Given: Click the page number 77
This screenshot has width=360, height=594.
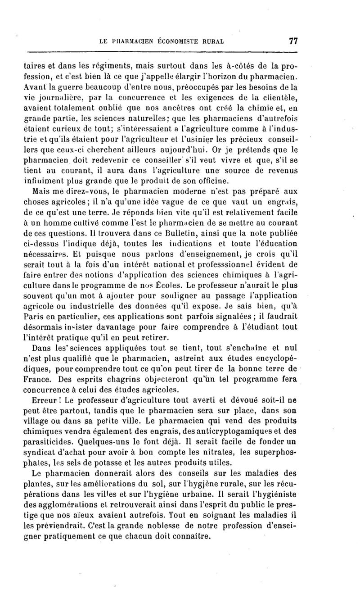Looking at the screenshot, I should click(x=293, y=41).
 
